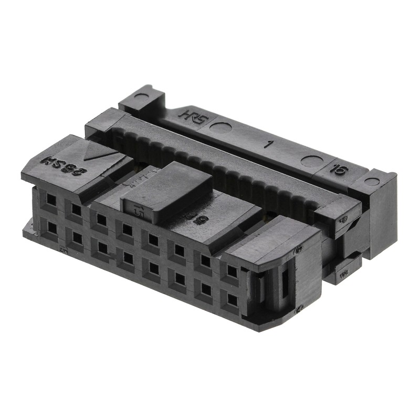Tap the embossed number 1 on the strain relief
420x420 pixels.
point(268,144)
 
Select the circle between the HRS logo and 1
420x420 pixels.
point(220,128)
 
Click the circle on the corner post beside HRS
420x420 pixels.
point(141,97)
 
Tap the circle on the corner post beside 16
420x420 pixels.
point(372,182)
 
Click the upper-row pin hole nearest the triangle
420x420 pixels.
point(51,199)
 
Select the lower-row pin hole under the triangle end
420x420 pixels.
point(52,227)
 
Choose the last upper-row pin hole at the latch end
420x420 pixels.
point(232,271)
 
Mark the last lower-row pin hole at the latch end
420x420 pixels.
point(232,299)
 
